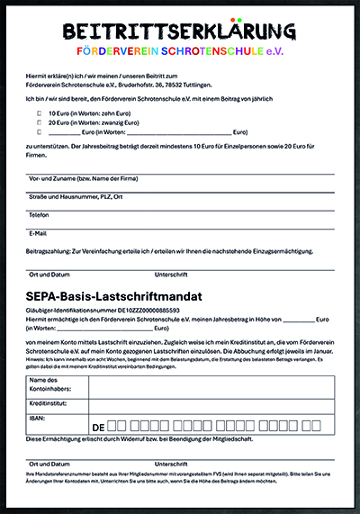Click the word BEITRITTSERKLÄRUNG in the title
click(180, 32)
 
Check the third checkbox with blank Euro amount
click(39, 132)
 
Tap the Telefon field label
click(39, 215)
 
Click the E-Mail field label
click(38, 233)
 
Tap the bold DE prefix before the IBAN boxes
click(99, 427)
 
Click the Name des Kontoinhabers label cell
click(50, 385)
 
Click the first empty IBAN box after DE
click(115, 427)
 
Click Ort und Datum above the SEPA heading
click(49, 274)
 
